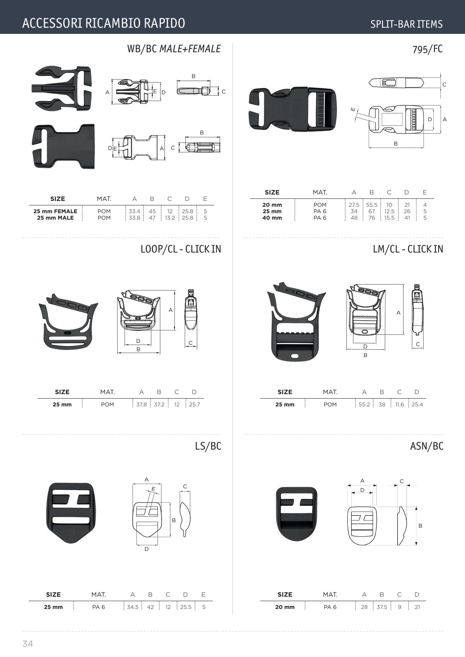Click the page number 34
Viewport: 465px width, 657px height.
pyautogui.click(x=28, y=644)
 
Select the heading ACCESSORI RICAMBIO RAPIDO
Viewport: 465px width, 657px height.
pyautogui.click(x=104, y=23)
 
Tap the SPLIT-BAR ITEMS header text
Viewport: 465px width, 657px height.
pyautogui.click(x=406, y=24)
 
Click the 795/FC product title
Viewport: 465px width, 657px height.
pyautogui.click(x=428, y=49)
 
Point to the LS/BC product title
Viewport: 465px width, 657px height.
pyautogui.click(x=208, y=446)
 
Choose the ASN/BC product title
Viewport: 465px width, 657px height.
pyautogui.click(x=427, y=446)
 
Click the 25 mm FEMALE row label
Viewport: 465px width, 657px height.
pyautogui.click(x=56, y=211)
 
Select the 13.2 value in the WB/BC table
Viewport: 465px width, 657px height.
pyautogui.click(x=170, y=218)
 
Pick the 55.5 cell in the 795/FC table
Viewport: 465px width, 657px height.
pyautogui.click(x=372, y=205)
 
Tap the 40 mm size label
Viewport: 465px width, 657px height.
pyautogui.click(x=272, y=218)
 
